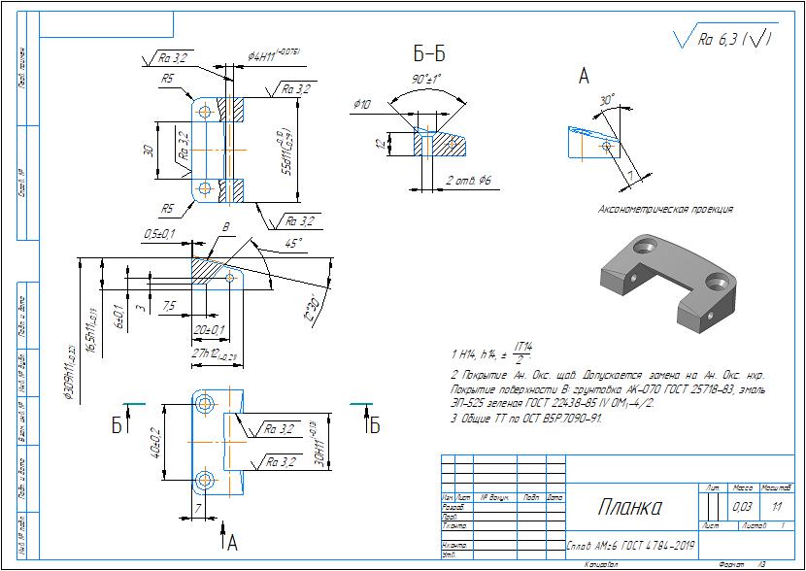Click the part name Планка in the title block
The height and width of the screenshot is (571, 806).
tap(629, 507)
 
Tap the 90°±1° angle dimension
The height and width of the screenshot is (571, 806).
tap(426, 79)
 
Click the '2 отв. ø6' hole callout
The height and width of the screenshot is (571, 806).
tap(469, 181)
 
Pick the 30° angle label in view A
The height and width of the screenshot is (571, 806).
tap(607, 100)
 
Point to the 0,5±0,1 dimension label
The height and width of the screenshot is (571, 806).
tap(159, 234)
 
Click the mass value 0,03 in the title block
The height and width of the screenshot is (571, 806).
tap(742, 507)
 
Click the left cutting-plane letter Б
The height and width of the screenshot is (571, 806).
tap(118, 424)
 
